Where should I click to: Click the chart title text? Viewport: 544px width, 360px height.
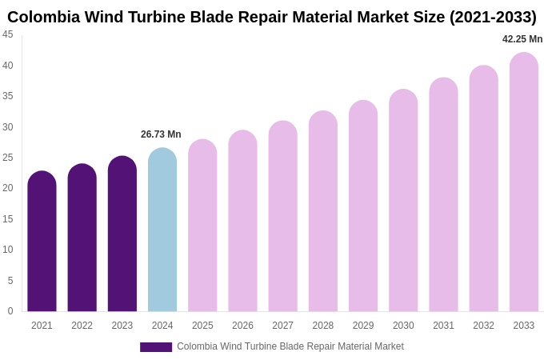click(272, 17)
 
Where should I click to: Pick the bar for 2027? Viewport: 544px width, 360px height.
click(282, 217)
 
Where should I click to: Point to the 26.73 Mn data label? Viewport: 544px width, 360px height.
click(161, 134)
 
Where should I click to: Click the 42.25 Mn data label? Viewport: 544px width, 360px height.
click(522, 39)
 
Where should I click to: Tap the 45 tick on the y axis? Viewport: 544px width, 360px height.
click(8, 34)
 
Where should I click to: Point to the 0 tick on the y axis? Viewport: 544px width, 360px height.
click(10, 311)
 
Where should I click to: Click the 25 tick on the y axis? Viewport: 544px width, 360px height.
click(8, 158)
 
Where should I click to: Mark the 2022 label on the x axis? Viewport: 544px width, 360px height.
click(82, 326)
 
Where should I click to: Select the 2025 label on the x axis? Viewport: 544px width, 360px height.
click(202, 326)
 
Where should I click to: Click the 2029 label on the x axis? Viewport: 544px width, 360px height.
click(363, 326)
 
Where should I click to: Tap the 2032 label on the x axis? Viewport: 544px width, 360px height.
click(483, 326)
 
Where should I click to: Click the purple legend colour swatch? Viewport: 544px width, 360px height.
click(156, 347)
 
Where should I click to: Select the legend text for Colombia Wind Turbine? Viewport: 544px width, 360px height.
click(290, 346)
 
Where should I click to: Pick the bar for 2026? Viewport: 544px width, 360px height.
click(242, 222)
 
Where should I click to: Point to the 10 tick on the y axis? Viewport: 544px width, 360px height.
click(8, 250)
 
